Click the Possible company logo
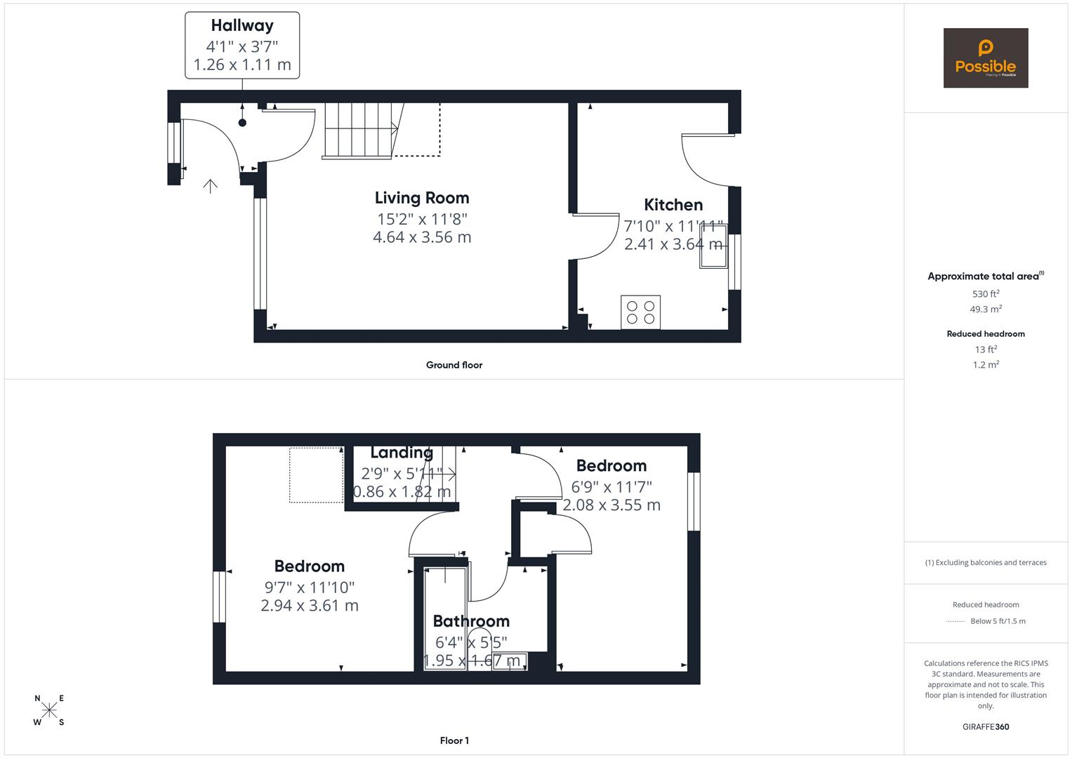(985, 58)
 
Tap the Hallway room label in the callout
(242, 26)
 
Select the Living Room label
(421, 198)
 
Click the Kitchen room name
(673, 205)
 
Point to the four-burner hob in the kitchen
(640, 312)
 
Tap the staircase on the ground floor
(360, 131)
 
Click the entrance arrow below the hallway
(210, 185)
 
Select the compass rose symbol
(49, 710)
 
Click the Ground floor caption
(454, 365)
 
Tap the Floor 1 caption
(454, 740)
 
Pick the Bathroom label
(471, 621)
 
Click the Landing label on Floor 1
(402, 453)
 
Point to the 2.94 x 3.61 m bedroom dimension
(309, 606)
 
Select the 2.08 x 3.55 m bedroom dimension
(611, 505)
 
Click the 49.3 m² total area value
(985, 310)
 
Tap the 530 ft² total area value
(985, 294)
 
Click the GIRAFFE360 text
(985, 726)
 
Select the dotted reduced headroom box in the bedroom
(316, 475)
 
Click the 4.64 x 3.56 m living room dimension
(421, 237)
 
